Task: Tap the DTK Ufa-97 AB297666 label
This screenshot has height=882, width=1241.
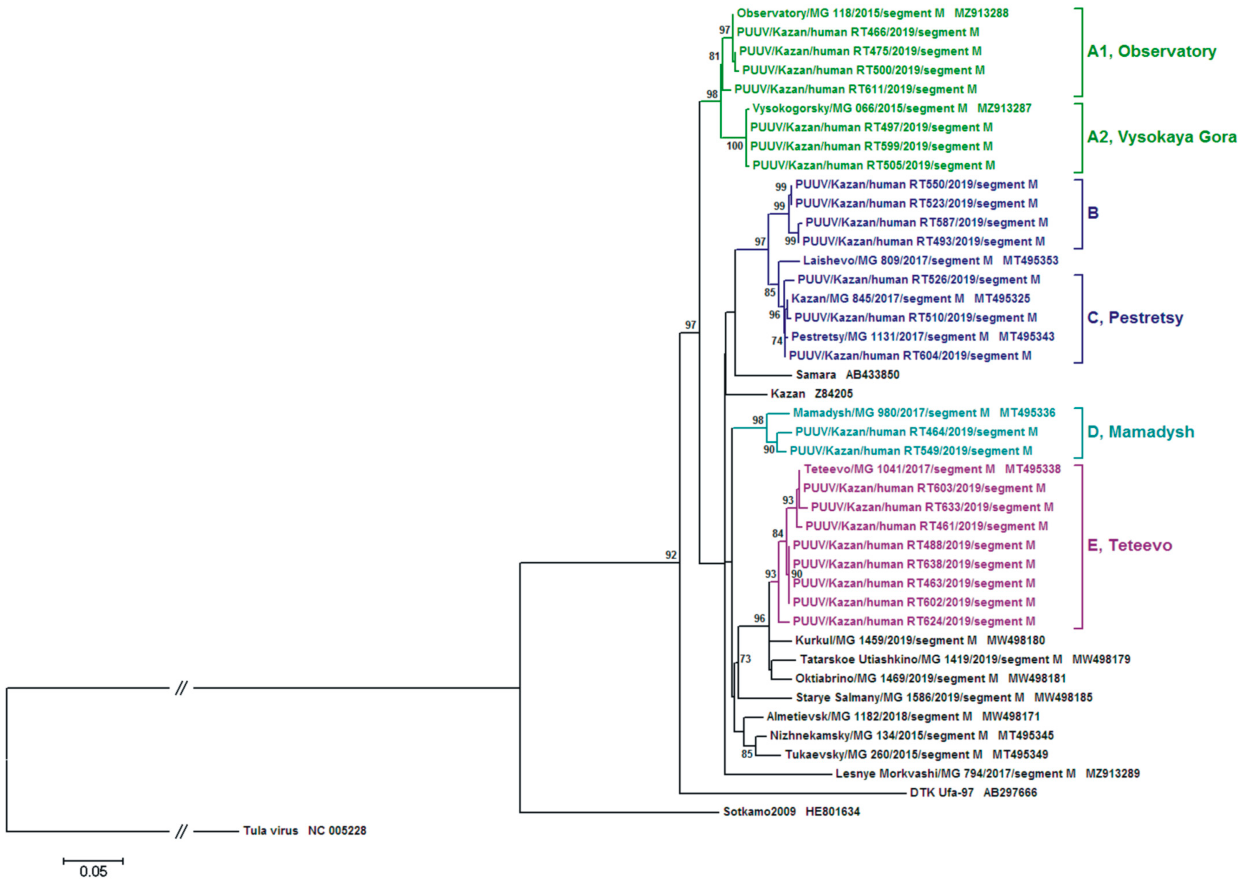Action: [x=973, y=793]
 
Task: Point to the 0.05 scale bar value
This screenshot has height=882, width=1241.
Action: [x=93, y=872]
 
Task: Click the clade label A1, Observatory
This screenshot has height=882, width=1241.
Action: [x=1151, y=52]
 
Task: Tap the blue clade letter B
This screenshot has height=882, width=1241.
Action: [x=1093, y=213]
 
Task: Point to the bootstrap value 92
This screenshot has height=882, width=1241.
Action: [x=672, y=555]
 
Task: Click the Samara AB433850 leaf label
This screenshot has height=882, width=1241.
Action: [x=848, y=374]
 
